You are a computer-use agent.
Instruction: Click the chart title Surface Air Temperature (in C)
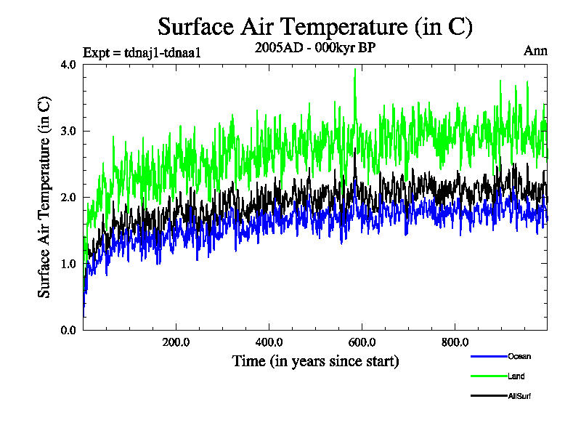tap(315, 27)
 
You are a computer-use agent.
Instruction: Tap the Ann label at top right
tap(535, 51)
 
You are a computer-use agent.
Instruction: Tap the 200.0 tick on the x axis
tap(176, 342)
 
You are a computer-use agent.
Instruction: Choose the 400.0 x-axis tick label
tap(269, 342)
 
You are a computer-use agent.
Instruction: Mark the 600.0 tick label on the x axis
tap(362, 342)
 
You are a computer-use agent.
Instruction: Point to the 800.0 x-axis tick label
tap(455, 342)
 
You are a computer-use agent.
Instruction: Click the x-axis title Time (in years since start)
tap(315, 361)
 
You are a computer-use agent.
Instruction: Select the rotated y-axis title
tap(45, 197)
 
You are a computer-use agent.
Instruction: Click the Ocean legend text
tap(519, 356)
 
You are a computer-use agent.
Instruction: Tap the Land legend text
tap(516, 376)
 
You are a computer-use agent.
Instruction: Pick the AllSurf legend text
tap(520, 396)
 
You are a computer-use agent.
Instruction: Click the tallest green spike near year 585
tap(355, 70)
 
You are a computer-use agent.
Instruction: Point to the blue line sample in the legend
tap(488, 356)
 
